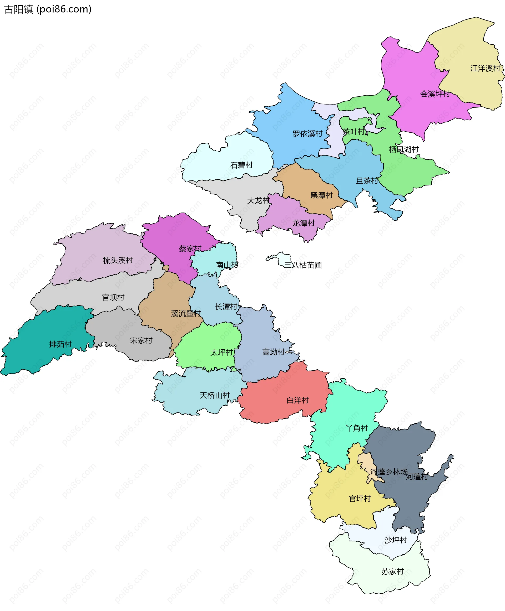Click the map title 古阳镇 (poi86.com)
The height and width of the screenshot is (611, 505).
point(48,9)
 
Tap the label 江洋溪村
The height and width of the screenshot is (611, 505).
point(485,68)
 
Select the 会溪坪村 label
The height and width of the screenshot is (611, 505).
point(435,94)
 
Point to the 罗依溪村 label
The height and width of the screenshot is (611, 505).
point(307,134)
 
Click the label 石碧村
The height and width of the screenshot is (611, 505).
point(241,165)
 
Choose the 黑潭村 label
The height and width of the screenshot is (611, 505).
point(321,195)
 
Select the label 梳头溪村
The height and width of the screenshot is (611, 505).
point(118,260)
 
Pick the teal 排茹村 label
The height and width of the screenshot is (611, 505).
point(60,344)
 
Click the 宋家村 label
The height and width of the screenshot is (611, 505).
point(141,340)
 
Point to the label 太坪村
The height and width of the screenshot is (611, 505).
point(221,353)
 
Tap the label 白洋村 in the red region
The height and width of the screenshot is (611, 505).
point(297,400)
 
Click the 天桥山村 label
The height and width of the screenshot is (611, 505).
point(214,395)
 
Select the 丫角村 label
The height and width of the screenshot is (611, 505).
point(357,428)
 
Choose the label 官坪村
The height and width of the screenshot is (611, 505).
point(360,499)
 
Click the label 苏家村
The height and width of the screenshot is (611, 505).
point(392,572)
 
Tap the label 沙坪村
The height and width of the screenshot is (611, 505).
point(395,540)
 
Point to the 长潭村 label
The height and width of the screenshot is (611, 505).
point(226,307)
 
